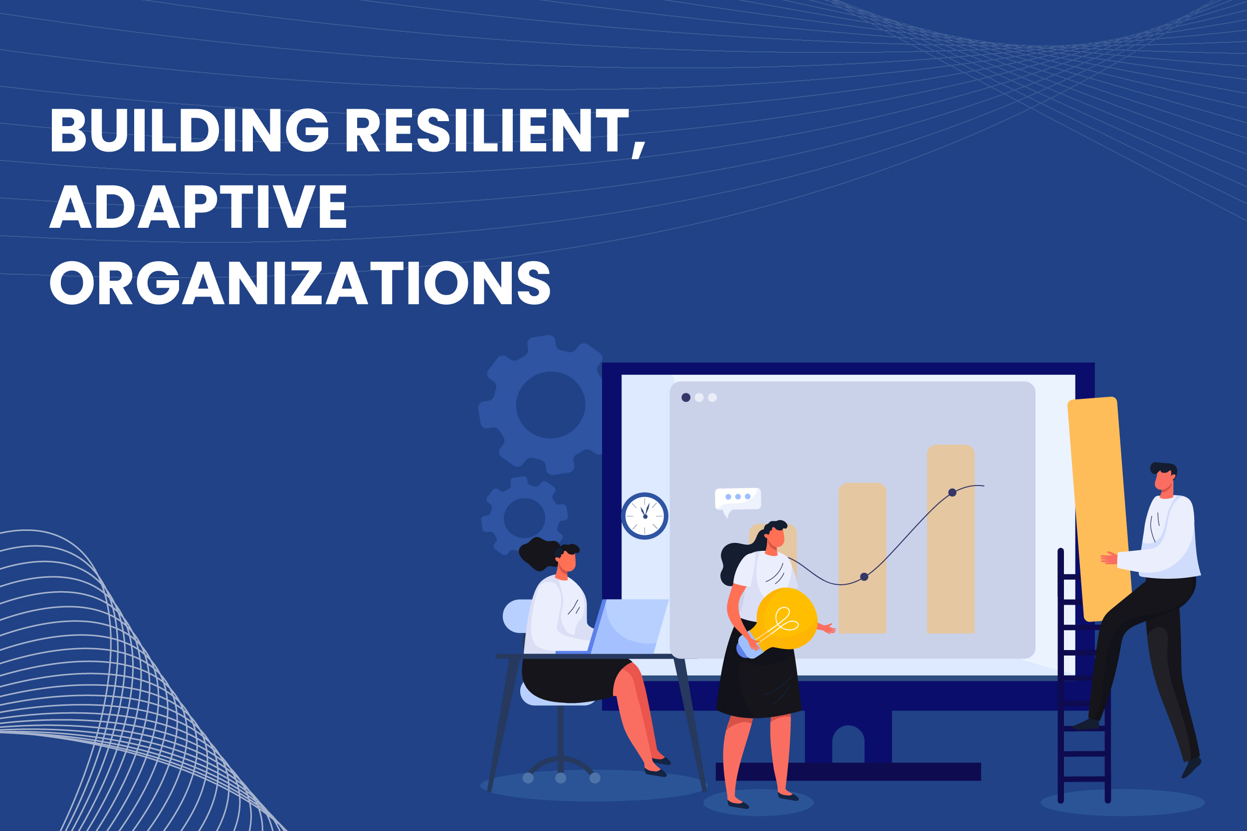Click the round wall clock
pos(645,515)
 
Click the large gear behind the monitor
pos(546,405)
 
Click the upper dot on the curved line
pos(952,493)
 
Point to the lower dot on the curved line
pos(864,577)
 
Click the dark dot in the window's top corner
pos(685,397)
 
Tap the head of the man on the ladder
pos(1164,479)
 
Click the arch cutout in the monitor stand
pos(848,745)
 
